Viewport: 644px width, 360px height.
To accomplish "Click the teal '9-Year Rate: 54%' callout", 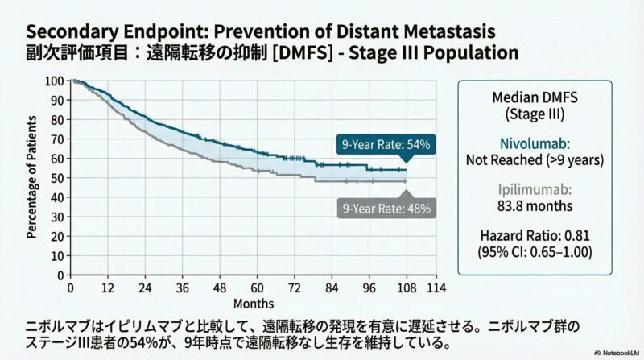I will [386, 145].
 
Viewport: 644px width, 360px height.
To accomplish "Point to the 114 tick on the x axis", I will [436, 288].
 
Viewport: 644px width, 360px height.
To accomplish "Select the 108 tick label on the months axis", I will [407, 288].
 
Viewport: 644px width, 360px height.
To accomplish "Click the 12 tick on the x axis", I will [108, 288].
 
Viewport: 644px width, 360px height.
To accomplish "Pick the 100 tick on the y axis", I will [55, 81].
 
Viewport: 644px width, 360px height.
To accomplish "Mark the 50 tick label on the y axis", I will [57, 178].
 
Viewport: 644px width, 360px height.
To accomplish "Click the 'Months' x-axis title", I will [254, 304].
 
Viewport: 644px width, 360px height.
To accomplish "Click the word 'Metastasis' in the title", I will [434, 31].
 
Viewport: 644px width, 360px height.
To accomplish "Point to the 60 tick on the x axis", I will [257, 288].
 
